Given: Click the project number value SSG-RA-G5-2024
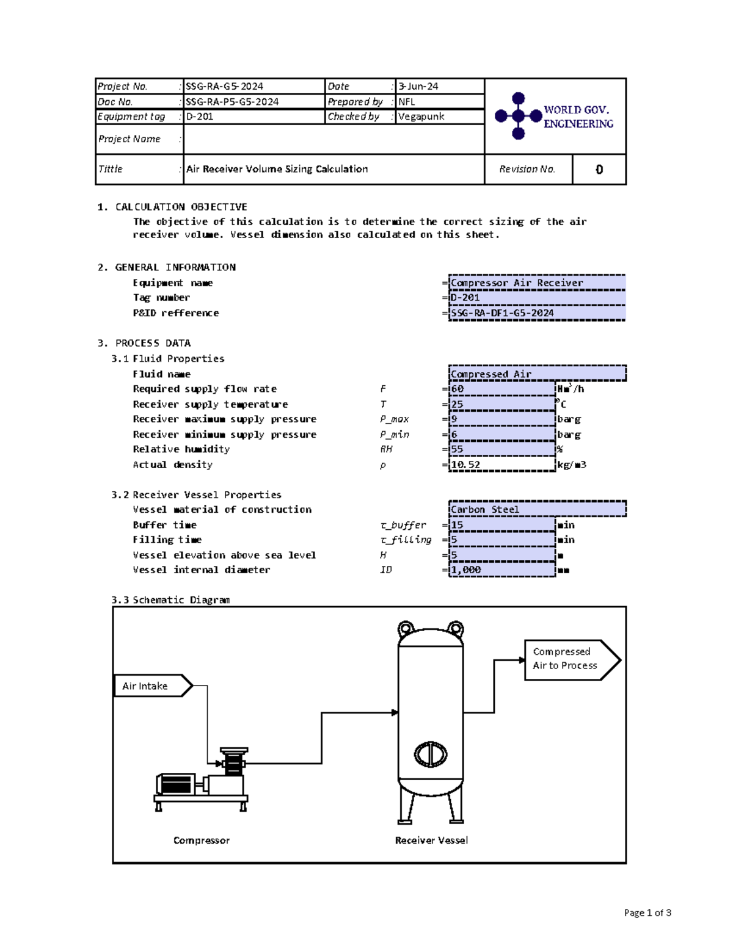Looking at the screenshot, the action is pyautogui.click(x=224, y=87).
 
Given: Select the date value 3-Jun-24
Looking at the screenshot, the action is pyautogui.click(x=418, y=87).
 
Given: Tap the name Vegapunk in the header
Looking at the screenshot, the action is pyautogui.click(x=421, y=117).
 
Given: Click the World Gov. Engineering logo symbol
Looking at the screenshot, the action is pyautogui.click(x=518, y=116).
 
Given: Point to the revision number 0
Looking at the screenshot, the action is pyautogui.click(x=599, y=169).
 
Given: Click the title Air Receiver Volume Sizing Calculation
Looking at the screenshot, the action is pyautogui.click(x=277, y=169).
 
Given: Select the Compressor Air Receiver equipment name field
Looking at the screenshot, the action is pyautogui.click(x=537, y=283).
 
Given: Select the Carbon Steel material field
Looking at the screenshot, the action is pyautogui.click(x=537, y=509).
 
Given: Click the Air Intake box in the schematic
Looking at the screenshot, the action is pyautogui.click(x=153, y=686).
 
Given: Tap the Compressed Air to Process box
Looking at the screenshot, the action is pyautogui.click(x=572, y=660).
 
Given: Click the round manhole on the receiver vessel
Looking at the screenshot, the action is pyautogui.click(x=431, y=754).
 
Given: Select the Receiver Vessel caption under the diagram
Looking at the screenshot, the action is pyautogui.click(x=431, y=840).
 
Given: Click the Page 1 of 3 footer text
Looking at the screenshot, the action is pyautogui.click(x=647, y=913).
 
